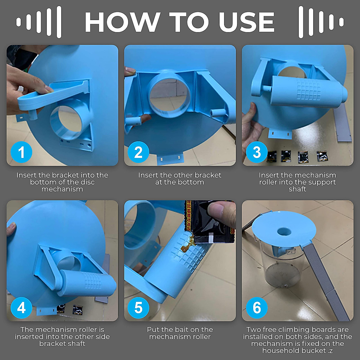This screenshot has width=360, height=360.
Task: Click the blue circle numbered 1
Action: pos(22,152)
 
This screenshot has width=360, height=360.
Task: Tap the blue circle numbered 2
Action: pos(138,152)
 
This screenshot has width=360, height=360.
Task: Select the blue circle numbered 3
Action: pos(257,152)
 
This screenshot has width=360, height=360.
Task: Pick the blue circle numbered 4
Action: pos(22,308)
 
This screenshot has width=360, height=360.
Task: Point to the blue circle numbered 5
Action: pos(138,308)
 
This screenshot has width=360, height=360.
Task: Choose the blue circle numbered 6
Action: pos(257,308)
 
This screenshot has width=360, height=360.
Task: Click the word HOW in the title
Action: pos(123,22)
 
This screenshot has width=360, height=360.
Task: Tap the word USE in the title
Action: pos(247,22)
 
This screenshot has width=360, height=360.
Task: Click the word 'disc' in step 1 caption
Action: pos(88,182)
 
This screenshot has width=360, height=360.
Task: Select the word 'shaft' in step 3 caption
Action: pos(297,189)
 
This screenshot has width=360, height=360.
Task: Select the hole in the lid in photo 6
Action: pos(284,232)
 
